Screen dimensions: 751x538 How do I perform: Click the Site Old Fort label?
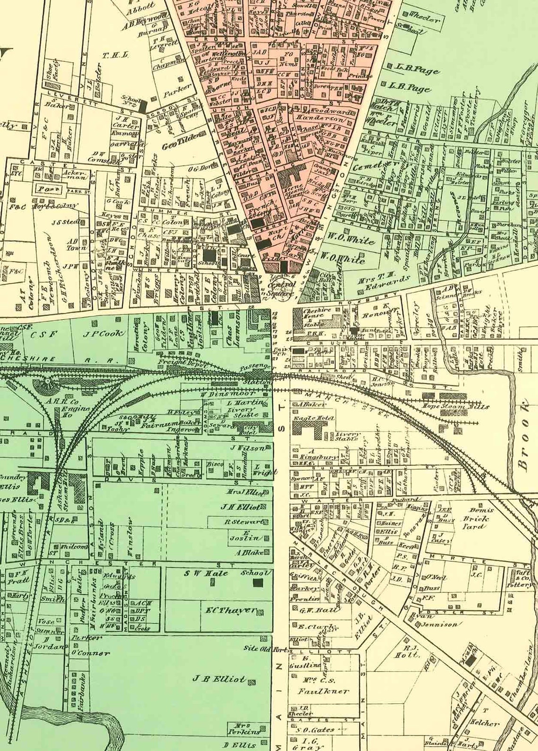(x=265, y=649)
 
